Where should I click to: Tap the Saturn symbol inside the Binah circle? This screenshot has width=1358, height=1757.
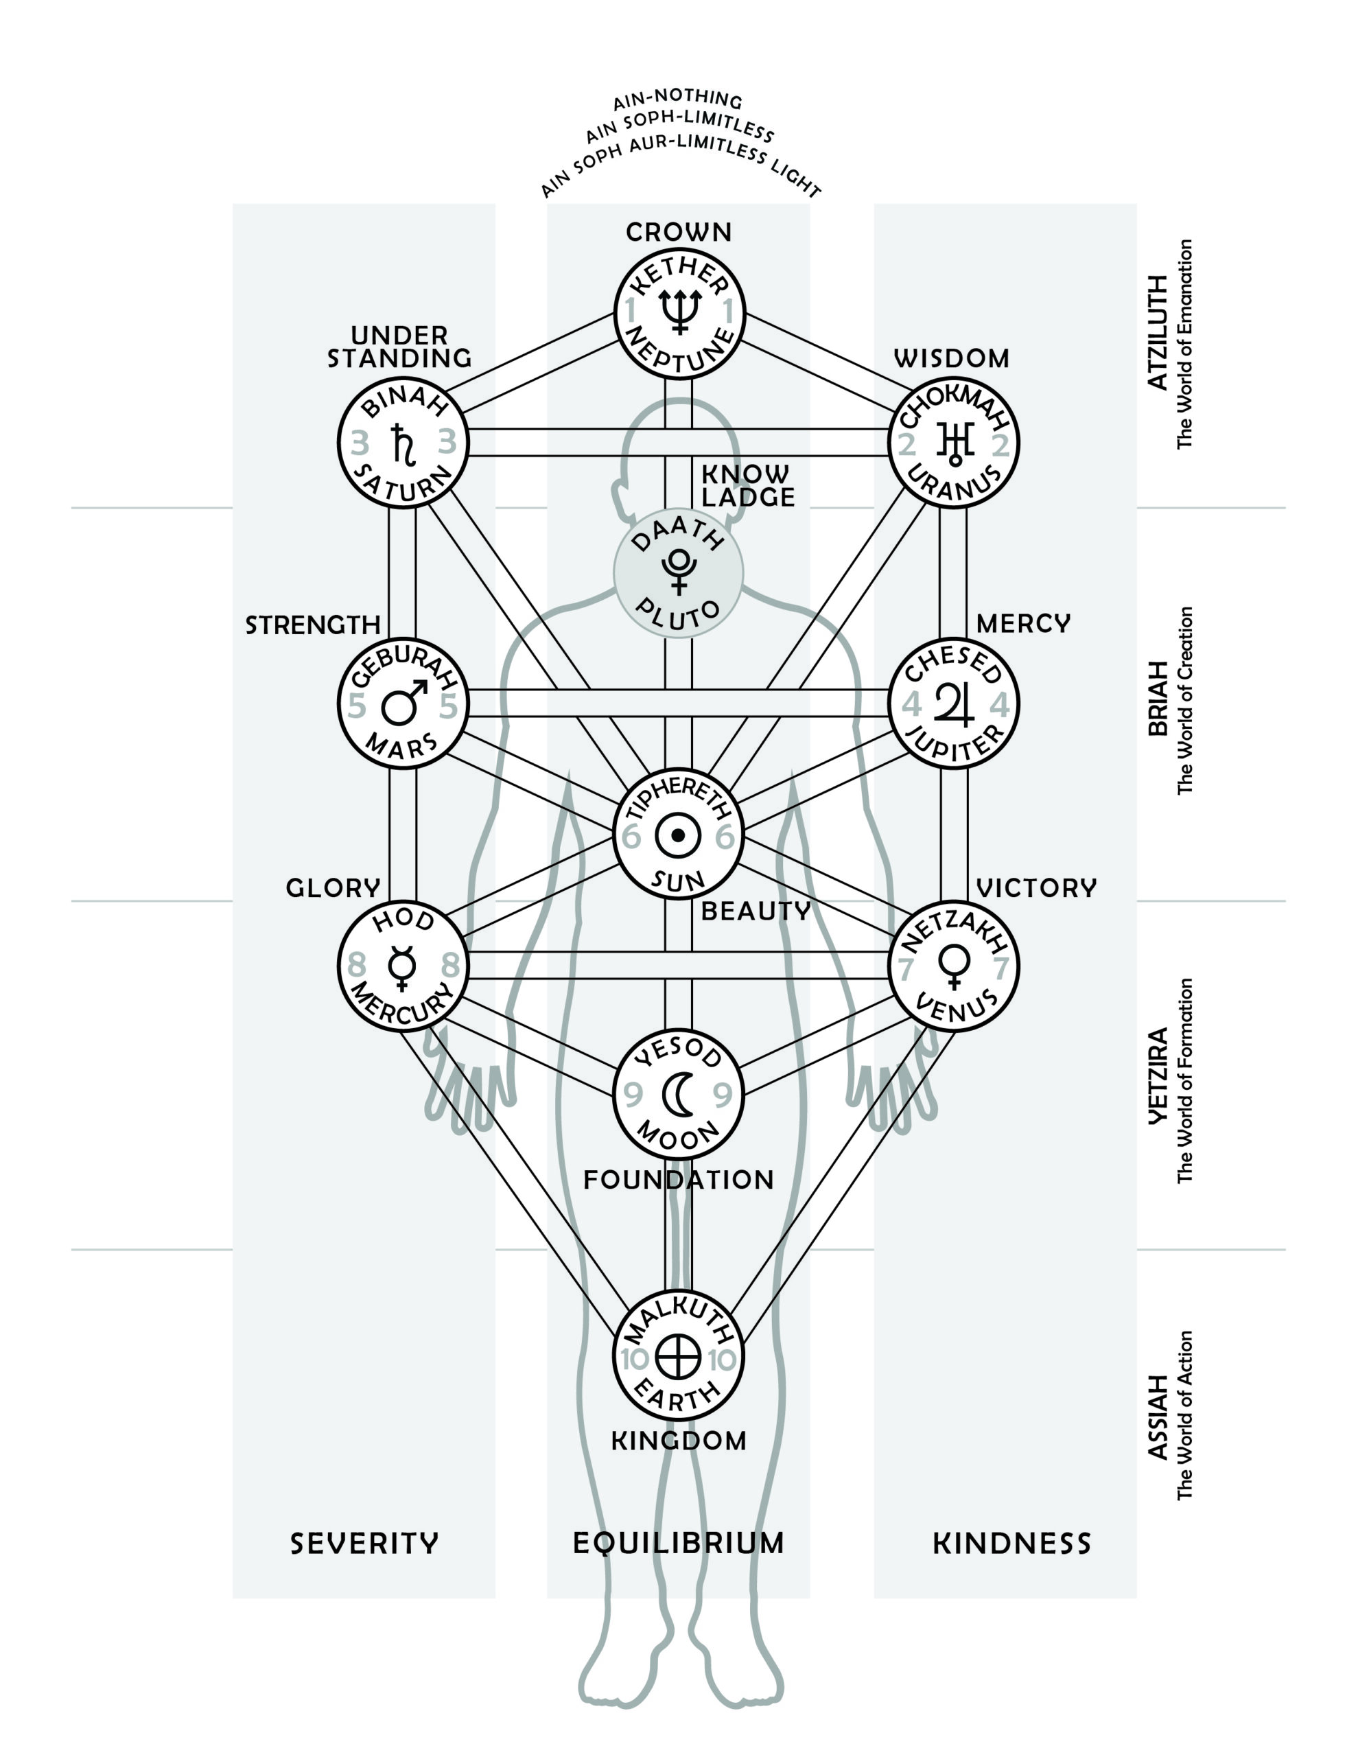pyautogui.click(x=402, y=443)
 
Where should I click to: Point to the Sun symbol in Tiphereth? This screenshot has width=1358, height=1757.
pyautogui.click(x=678, y=836)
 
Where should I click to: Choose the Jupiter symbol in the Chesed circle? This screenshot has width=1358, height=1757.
pyautogui.click(x=954, y=704)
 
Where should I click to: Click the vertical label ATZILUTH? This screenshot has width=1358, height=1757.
pyautogui.click(x=1157, y=332)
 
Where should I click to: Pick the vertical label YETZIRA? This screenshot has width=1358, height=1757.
pyautogui.click(x=1157, y=1075)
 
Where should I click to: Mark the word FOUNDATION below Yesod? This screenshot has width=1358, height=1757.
pyautogui.click(x=678, y=1180)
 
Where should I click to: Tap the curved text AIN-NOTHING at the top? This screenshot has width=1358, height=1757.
pyautogui.click(x=677, y=102)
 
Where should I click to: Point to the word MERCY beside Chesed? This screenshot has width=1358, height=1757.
pyautogui.click(x=1023, y=623)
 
